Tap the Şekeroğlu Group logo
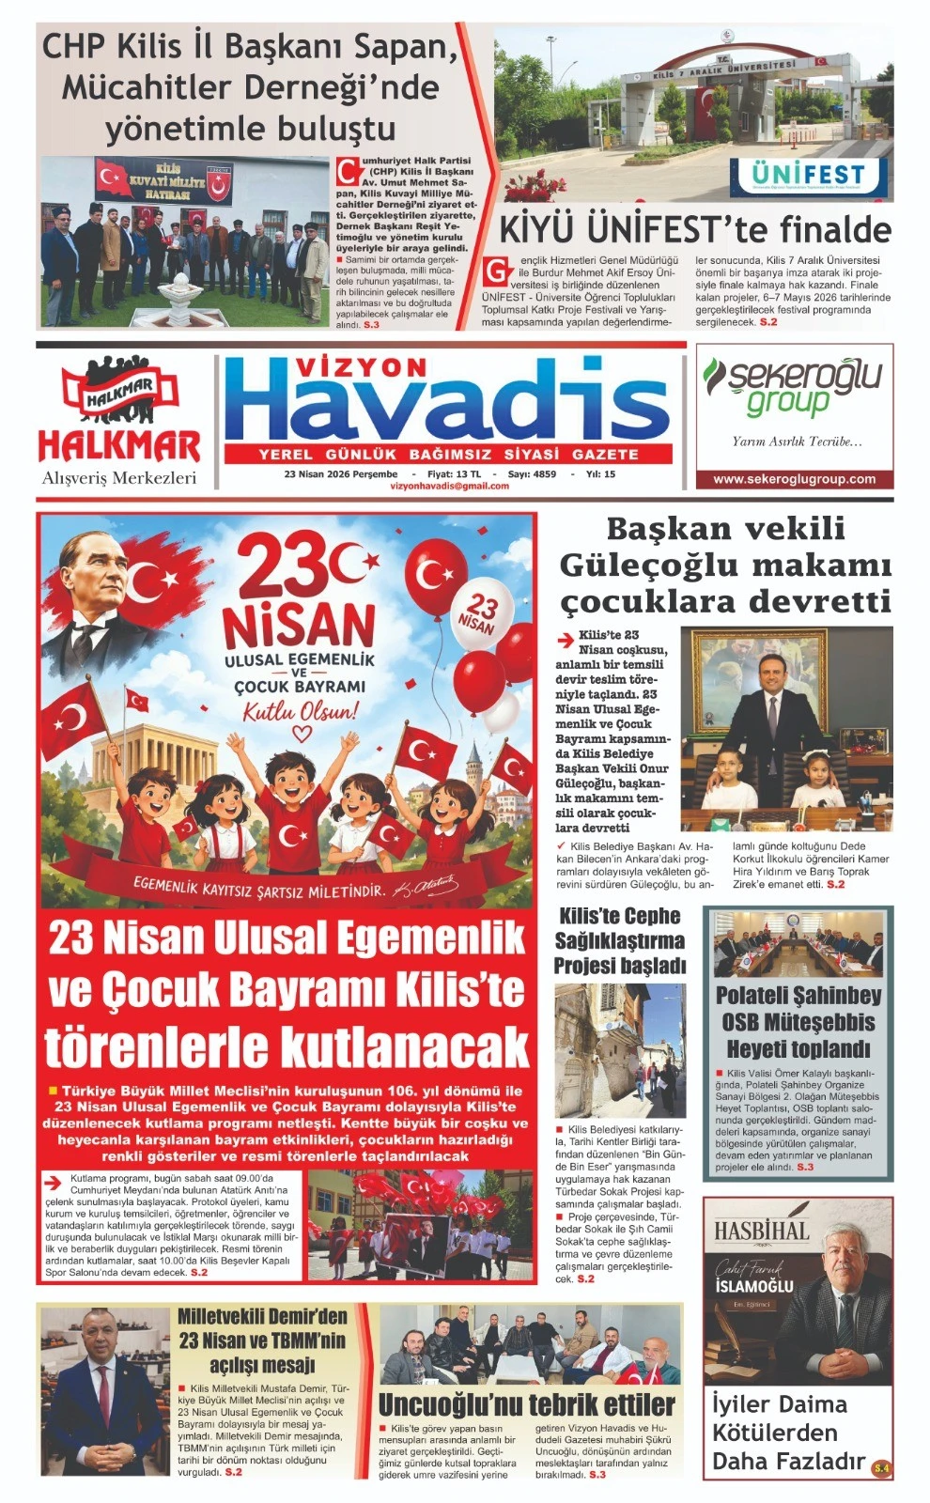[x=794, y=385]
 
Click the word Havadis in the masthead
[x=448, y=402]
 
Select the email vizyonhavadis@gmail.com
[x=449, y=487]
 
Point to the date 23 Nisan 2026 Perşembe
[x=341, y=474]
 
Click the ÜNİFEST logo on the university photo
[x=809, y=175]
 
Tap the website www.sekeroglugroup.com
[x=794, y=479]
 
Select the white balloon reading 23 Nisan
[x=479, y=615]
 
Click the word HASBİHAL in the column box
[x=761, y=1231]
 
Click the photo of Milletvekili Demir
[x=105, y=1390]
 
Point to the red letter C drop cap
[x=349, y=172]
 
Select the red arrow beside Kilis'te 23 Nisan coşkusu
[x=566, y=641]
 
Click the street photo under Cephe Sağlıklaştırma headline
[x=619, y=1049]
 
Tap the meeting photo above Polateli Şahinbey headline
[x=798, y=945]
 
